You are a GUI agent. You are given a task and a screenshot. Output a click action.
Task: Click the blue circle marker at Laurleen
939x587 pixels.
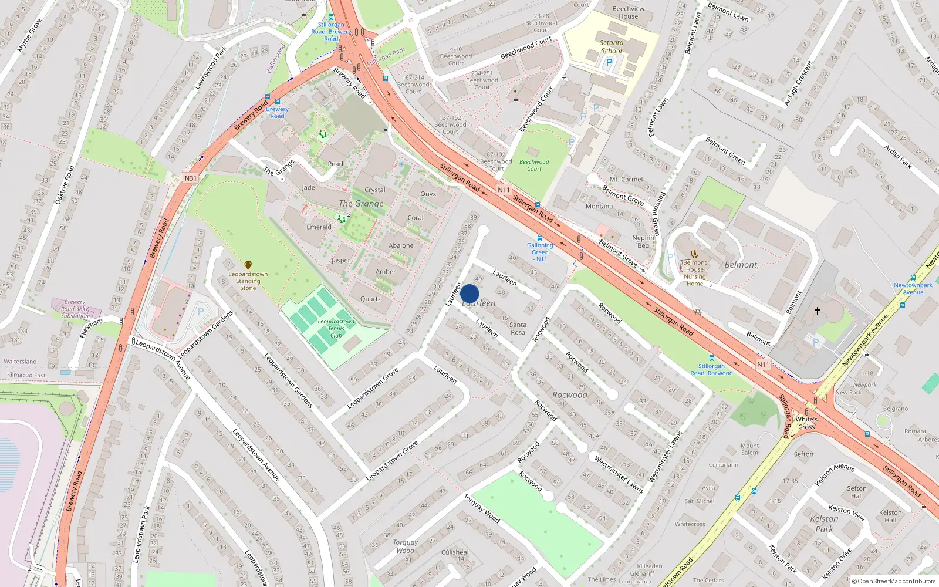pyautogui.click(x=469, y=293)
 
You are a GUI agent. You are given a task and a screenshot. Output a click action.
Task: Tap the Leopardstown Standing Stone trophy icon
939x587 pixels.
pyautogui.click(x=248, y=266)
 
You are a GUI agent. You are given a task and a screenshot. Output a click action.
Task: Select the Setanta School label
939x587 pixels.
pyautogui.click(x=612, y=46)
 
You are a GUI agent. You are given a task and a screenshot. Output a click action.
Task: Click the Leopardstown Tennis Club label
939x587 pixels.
pyautogui.click(x=336, y=328)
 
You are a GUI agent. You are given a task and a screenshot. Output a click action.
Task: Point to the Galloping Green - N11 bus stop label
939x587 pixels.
pyautogui.click(x=540, y=252)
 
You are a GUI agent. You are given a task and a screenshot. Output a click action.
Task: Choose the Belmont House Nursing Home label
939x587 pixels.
pyautogui.click(x=695, y=273)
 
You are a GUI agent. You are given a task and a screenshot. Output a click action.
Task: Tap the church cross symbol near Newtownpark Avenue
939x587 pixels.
pyautogui.click(x=817, y=311)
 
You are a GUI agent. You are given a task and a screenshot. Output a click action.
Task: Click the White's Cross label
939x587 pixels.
pyautogui.click(x=806, y=423)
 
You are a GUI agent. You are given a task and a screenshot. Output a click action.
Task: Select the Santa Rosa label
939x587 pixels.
pyautogui.click(x=518, y=328)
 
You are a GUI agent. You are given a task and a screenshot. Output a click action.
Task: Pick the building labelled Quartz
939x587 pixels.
pyautogui.click(x=370, y=299)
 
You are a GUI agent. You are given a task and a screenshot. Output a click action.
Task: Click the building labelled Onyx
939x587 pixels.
pyautogui.click(x=428, y=194)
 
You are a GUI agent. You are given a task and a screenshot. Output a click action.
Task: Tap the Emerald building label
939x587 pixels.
pyautogui.click(x=319, y=227)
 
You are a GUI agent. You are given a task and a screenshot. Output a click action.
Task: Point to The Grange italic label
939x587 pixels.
pyautogui.click(x=361, y=204)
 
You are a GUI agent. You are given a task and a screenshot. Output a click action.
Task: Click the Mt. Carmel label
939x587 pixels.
pyautogui.click(x=626, y=179)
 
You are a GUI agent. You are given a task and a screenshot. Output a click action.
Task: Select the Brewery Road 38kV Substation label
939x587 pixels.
pyautogui.click(x=75, y=309)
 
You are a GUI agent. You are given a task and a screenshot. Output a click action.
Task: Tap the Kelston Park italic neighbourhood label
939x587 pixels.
pyautogui.click(x=824, y=524)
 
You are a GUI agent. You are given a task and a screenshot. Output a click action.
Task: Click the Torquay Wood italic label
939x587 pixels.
pyautogui.click(x=405, y=546)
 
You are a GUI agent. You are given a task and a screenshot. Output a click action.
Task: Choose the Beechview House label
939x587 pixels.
pyautogui.click(x=628, y=12)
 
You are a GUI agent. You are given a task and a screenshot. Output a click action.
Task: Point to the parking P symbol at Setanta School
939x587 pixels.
pyautogui.click(x=609, y=62)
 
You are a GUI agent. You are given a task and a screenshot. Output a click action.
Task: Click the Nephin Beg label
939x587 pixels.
pyautogui.click(x=643, y=241)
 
